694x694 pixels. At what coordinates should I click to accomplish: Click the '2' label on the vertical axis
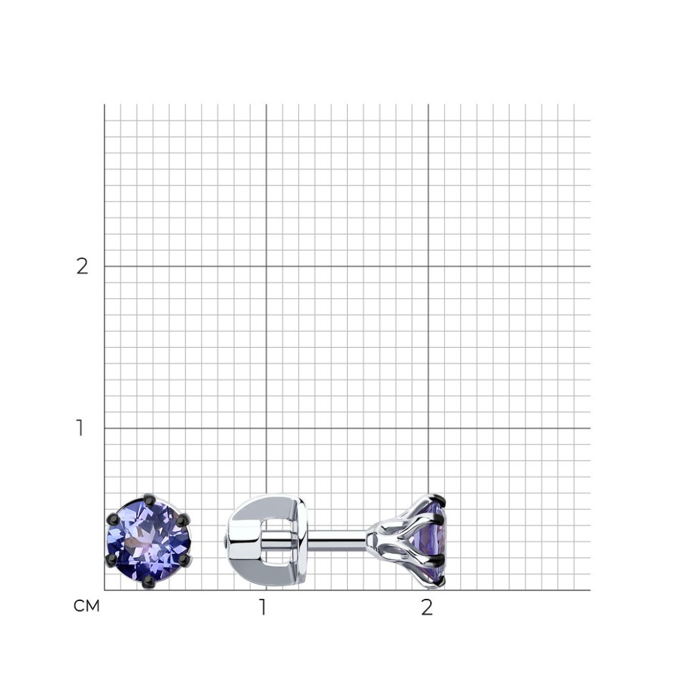point(82,266)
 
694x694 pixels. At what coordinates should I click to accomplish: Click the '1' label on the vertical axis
point(79,428)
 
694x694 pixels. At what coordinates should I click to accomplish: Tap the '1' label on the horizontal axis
point(263,607)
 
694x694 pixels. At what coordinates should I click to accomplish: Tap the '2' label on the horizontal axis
point(426,607)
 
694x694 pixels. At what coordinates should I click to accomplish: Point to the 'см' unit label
point(87,606)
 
